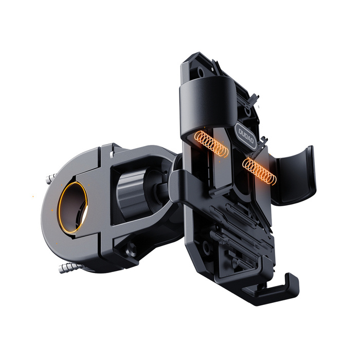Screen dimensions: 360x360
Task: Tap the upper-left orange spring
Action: pos(211,144)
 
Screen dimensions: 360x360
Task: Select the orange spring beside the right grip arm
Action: pos(260,169)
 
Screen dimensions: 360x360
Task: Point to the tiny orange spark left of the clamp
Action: pos(33,195)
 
